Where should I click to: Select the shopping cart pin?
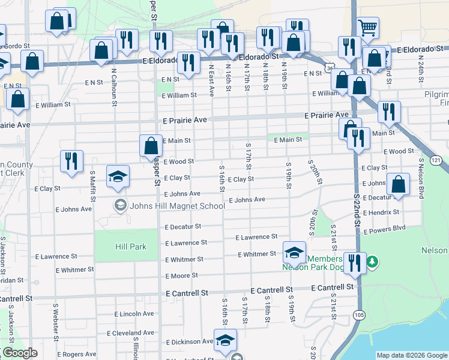[367, 28]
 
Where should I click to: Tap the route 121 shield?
[436, 160]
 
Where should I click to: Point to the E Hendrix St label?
[381, 212]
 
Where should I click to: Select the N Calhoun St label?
[114, 91]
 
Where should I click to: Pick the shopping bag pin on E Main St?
[151, 145]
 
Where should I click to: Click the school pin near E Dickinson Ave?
[225, 340]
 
